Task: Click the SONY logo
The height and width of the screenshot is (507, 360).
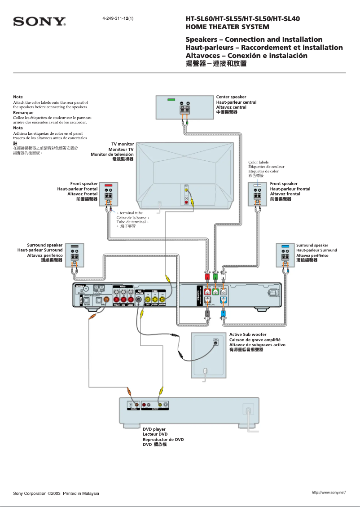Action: (x=40, y=22)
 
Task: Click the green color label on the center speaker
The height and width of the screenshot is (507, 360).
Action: (x=171, y=99)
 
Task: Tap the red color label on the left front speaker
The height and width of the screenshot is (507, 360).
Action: (x=108, y=185)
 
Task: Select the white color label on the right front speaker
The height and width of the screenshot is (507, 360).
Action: (x=257, y=185)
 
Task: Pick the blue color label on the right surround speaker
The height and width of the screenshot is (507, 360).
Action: (x=285, y=247)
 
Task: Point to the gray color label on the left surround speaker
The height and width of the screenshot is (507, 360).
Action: (x=75, y=247)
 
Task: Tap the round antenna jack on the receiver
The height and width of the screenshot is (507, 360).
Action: (x=86, y=290)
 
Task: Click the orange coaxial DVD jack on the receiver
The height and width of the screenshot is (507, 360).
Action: (x=106, y=300)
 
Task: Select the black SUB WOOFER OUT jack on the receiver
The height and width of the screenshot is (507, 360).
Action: (x=139, y=300)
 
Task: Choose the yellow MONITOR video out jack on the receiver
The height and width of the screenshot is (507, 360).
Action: (x=162, y=300)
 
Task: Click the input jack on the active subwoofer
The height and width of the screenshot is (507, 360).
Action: (x=216, y=343)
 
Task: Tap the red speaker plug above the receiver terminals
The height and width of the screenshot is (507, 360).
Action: (x=207, y=277)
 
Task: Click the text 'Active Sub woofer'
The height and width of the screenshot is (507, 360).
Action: (x=248, y=335)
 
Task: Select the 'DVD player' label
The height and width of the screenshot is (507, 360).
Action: (x=154, y=429)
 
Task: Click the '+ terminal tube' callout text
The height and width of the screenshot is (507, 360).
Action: (x=130, y=213)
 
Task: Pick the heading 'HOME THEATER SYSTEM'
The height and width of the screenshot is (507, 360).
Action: (x=228, y=27)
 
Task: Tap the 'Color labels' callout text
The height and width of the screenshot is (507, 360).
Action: (x=259, y=162)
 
